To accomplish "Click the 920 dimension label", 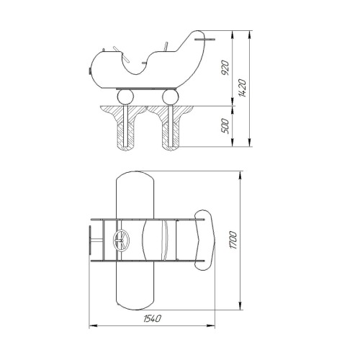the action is point(225,68).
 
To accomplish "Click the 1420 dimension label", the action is point(243,88).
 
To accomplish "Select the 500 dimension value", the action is point(225,126).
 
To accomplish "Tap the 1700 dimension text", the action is point(233,240).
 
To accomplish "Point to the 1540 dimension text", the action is point(153,318).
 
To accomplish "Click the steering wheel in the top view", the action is point(121,240).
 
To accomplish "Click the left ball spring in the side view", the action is point(125,97).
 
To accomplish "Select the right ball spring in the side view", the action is point(171,97).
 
